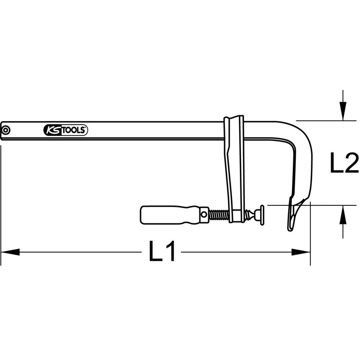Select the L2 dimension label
[x=344, y=164]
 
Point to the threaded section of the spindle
[x=219, y=215]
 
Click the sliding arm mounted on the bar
[x=234, y=169]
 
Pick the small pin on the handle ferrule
[x=204, y=215]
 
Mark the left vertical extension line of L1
[x=1, y=202]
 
